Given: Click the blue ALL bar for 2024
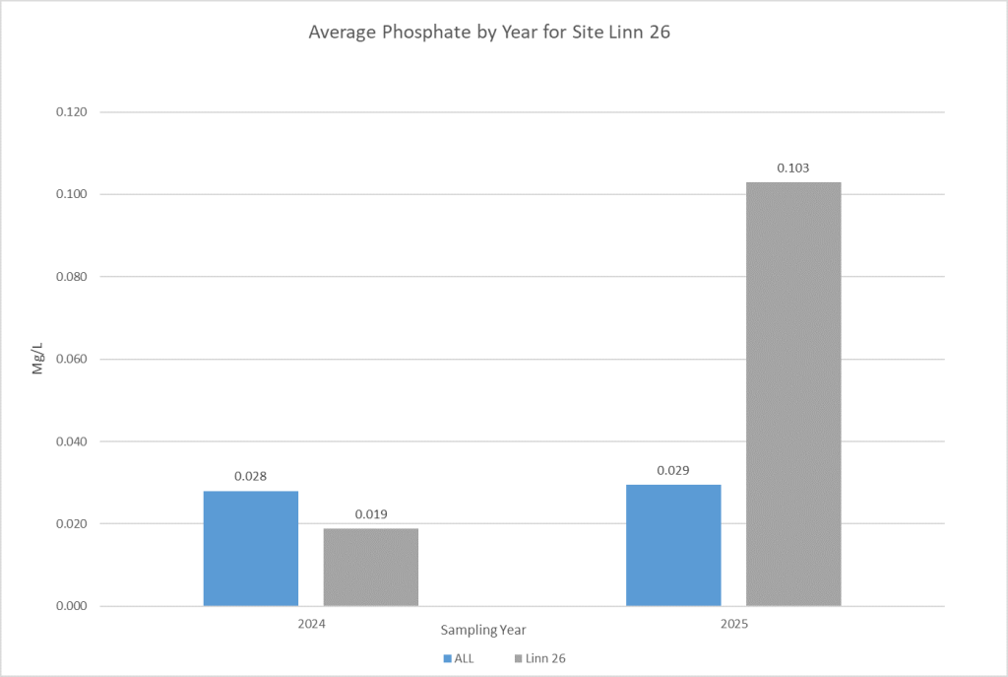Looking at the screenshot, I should click(x=251, y=548).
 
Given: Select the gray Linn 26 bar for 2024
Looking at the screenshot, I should click(x=371, y=567).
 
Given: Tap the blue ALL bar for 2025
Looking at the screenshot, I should click(x=673, y=545).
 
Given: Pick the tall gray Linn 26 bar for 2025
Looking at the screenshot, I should click(x=793, y=394).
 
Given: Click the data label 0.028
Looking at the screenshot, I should click(x=251, y=476).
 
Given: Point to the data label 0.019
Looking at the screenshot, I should click(x=371, y=513).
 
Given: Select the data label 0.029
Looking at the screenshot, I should click(x=673, y=470).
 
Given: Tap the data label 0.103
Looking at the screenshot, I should click(x=793, y=169).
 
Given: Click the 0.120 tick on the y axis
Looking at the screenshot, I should click(x=72, y=112).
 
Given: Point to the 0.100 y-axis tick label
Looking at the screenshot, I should click(x=72, y=194).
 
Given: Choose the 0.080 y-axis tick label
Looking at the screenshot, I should click(x=72, y=277).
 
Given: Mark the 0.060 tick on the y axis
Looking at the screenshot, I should click(x=72, y=359).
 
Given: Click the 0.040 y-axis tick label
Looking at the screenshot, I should click(x=72, y=441).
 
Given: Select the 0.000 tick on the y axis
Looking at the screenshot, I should click(x=72, y=606).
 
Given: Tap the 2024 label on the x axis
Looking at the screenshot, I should click(x=311, y=625).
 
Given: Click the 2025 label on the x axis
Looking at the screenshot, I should click(x=733, y=625).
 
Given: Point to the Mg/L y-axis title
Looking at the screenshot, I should click(x=38, y=359).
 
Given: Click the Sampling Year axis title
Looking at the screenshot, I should click(x=482, y=629).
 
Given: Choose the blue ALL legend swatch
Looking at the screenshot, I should click(x=447, y=657).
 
